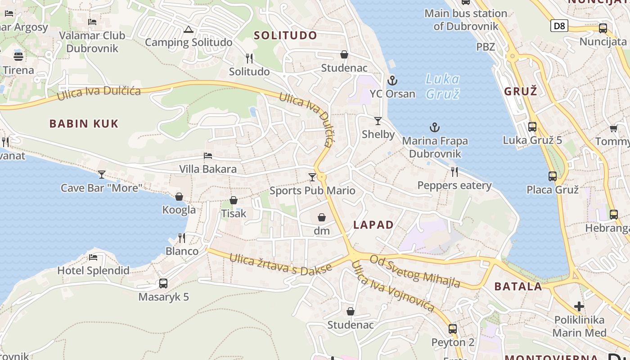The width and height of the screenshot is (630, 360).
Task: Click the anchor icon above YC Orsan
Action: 392,81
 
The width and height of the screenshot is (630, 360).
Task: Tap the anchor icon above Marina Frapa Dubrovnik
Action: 434,127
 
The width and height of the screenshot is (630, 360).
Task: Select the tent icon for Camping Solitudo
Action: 188,30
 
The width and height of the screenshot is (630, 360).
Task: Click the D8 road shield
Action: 559,26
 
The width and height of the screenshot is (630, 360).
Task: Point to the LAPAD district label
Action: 373,225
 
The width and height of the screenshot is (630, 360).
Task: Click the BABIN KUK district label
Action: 84,124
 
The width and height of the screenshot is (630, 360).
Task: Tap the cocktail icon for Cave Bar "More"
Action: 102,174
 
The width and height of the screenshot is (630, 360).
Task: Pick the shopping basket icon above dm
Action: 322,218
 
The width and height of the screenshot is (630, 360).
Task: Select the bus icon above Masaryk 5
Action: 163,283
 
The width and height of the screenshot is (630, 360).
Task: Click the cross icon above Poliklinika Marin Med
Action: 579,307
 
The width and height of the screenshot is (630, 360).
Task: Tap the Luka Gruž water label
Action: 443,86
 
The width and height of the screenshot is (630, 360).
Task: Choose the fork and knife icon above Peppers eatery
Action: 454,171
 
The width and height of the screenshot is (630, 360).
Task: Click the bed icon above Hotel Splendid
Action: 93,257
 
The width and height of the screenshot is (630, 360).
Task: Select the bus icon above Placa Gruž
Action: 553,176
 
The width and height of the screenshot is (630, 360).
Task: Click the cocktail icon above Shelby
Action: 378,121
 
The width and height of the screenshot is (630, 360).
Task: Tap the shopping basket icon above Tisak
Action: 234,200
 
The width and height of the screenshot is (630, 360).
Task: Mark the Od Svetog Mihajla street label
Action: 415,271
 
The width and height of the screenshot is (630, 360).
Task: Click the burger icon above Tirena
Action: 18,57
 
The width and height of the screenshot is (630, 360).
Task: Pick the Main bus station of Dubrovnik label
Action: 466,20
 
